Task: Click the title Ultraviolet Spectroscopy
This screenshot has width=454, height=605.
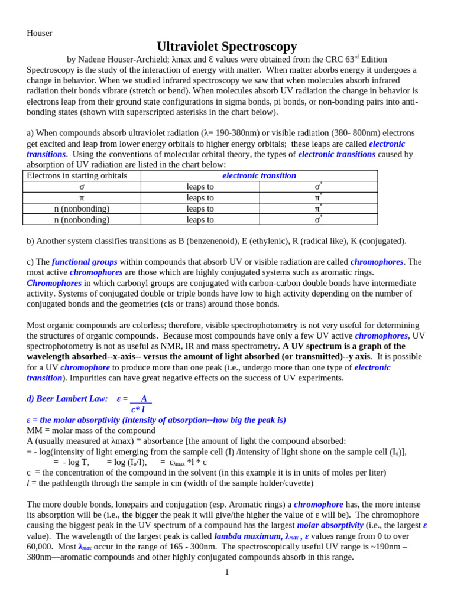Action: (226, 47)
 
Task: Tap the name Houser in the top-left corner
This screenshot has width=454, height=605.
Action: (40, 33)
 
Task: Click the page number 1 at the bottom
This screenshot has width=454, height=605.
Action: (226, 572)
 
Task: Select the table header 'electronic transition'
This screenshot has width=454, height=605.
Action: (259, 175)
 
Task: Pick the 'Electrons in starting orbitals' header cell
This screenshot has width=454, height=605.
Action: (77, 175)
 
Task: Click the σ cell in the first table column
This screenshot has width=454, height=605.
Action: (82, 187)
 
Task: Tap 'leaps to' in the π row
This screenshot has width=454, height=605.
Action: (200, 197)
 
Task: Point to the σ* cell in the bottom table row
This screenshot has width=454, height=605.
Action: (318, 219)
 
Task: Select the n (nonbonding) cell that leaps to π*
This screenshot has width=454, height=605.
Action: (82, 209)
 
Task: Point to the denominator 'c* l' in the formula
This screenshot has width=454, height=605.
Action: (138, 409)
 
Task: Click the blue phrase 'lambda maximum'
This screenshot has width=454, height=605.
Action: (247, 536)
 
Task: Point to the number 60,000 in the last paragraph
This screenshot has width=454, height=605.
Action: (40, 547)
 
